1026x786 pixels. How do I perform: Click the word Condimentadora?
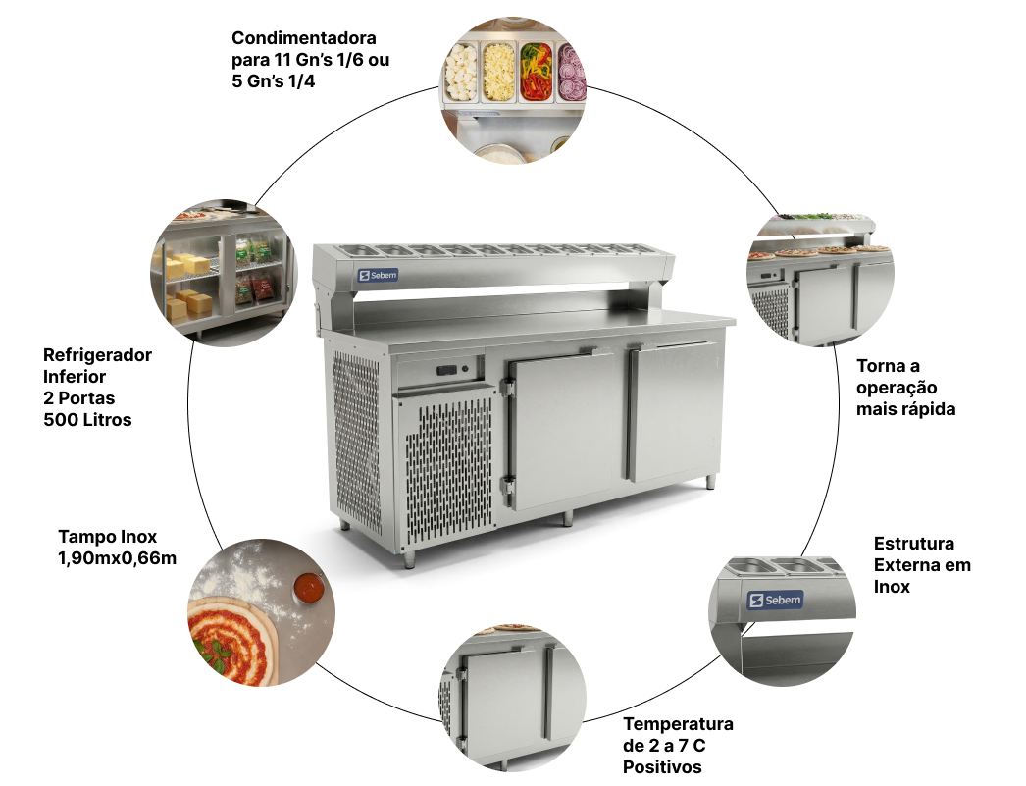pyautogui.click(x=304, y=39)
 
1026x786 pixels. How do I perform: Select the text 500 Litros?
pyautogui.click(x=87, y=420)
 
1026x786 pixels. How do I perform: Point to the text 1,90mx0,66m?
pyautogui.click(x=118, y=558)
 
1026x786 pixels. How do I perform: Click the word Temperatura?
pyautogui.click(x=679, y=724)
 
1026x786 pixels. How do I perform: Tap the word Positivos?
pyautogui.click(x=662, y=766)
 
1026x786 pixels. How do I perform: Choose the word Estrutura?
pyautogui.click(x=913, y=543)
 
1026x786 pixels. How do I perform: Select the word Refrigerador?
pyautogui.click(x=97, y=355)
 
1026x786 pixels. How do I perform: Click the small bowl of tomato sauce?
pyautogui.click(x=308, y=588)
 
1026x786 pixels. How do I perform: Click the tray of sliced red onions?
pyautogui.click(x=571, y=74)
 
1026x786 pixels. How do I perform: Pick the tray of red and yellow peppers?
pyautogui.click(x=535, y=74)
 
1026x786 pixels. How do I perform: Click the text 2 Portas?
pyautogui.click(x=79, y=398)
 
